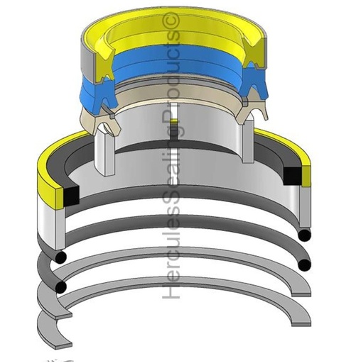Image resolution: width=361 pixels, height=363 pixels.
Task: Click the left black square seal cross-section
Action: coord(71,195)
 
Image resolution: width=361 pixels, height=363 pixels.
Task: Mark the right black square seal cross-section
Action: coord(292,176)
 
